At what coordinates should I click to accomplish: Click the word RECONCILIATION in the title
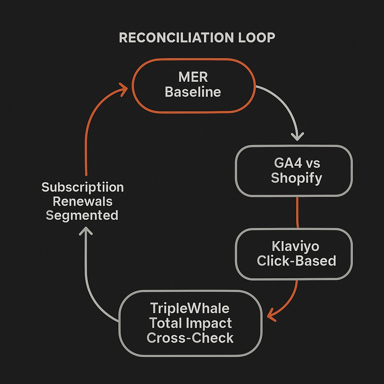coord(172,37)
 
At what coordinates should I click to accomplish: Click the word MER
coord(193,78)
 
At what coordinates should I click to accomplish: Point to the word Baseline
coord(193,92)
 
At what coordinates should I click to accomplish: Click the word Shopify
coord(296,178)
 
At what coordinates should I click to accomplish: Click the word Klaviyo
coord(295,247)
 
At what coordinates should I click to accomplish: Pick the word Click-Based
coord(296,261)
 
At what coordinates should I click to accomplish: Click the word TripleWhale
coord(190,308)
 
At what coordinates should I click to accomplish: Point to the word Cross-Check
coord(190,337)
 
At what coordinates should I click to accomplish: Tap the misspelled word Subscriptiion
coord(82,187)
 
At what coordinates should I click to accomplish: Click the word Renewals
coord(82,201)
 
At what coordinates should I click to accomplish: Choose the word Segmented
coord(82,215)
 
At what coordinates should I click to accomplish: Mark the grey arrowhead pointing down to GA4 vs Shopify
coord(297,135)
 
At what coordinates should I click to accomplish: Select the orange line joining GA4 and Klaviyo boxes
coord(297,212)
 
